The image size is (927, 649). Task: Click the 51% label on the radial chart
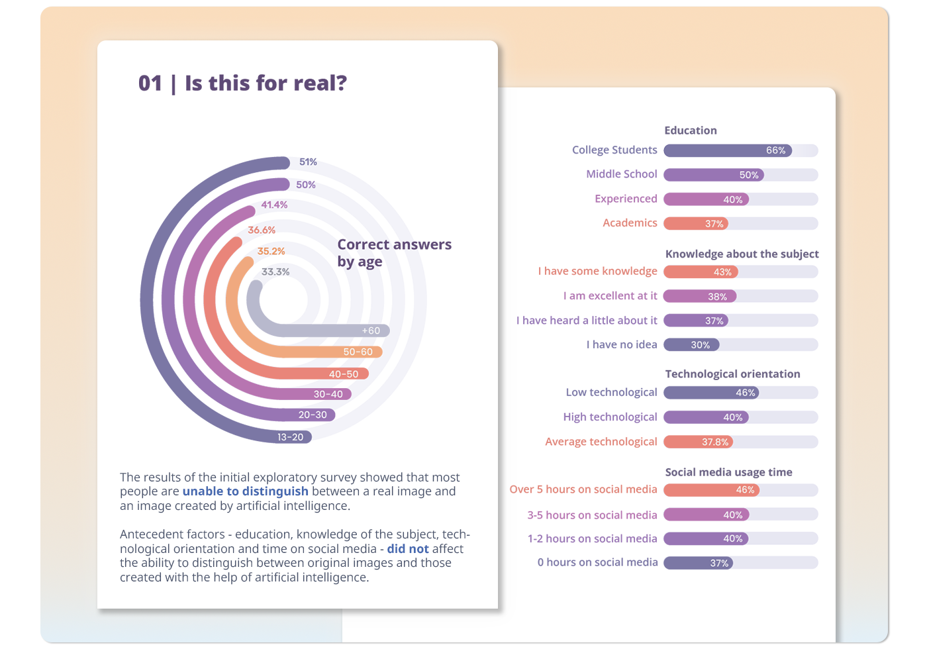coord(308,162)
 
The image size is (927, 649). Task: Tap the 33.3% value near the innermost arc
coord(275,272)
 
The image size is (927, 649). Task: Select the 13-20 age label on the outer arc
coord(290,437)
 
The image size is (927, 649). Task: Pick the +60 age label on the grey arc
coord(371,330)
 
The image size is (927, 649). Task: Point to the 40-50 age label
coord(344,374)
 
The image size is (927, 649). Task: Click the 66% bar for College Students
coord(728,150)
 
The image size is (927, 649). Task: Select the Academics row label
coord(630,223)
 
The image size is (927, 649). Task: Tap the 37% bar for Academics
coord(696,224)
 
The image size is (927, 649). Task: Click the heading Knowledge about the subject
coord(742,254)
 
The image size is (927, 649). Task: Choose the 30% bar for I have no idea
coord(691,345)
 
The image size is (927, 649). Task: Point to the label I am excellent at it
coord(610,296)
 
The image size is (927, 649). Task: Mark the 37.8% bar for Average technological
coord(699,442)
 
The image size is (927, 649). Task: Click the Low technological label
coord(611,393)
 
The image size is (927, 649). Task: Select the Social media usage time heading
coord(728,472)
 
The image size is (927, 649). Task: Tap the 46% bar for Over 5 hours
coord(711,490)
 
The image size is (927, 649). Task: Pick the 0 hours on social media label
coord(597,562)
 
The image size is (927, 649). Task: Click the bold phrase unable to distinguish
coord(245,491)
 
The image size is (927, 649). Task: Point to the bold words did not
coord(408,549)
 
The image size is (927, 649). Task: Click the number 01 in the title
coord(150,83)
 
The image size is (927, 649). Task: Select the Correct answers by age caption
coord(394,253)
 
